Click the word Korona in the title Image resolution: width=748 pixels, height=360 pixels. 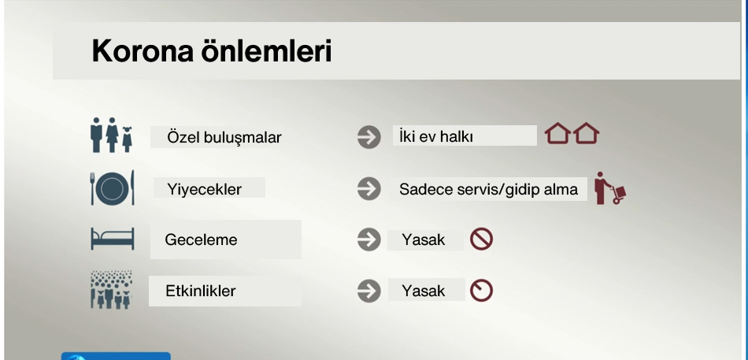pyautogui.click(x=143, y=51)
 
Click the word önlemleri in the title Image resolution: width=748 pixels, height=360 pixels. pyautogui.click(x=266, y=50)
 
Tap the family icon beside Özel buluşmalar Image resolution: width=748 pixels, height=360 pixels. pyautogui.click(x=112, y=135)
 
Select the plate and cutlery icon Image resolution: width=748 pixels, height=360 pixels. pyautogui.click(x=113, y=188)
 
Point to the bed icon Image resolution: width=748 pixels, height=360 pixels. pyautogui.click(x=113, y=239)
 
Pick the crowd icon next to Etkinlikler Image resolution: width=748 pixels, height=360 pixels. pyautogui.click(x=112, y=290)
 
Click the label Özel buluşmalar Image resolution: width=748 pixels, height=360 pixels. pyautogui.click(x=224, y=138)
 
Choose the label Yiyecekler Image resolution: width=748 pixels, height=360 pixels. pyautogui.click(x=204, y=189)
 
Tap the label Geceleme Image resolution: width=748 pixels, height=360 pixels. pyautogui.click(x=201, y=239)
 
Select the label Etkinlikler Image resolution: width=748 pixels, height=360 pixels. pyautogui.click(x=200, y=291)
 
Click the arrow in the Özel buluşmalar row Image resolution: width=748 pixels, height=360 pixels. pyautogui.click(x=369, y=137)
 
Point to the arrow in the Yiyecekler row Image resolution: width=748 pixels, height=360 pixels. pyautogui.click(x=369, y=188)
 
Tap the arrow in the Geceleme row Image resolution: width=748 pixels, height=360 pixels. pyautogui.click(x=369, y=239)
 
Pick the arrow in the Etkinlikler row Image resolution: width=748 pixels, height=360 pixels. pyautogui.click(x=369, y=291)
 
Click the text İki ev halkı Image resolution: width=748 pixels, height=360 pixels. pyautogui.click(x=436, y=136)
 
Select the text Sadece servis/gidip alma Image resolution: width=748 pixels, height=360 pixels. pyautogui.click(x=488, y=190)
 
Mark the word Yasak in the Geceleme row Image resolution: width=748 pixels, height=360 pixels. pyautogui.click(x=424, y=239)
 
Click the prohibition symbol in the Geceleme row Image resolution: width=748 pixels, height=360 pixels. pyautogui.click(x=481, y=239)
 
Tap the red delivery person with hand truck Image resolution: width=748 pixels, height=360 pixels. pyautogui.click(x=610, y=188)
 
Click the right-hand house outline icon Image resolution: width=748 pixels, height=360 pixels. pyautogui.click(x=587, y=133)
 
